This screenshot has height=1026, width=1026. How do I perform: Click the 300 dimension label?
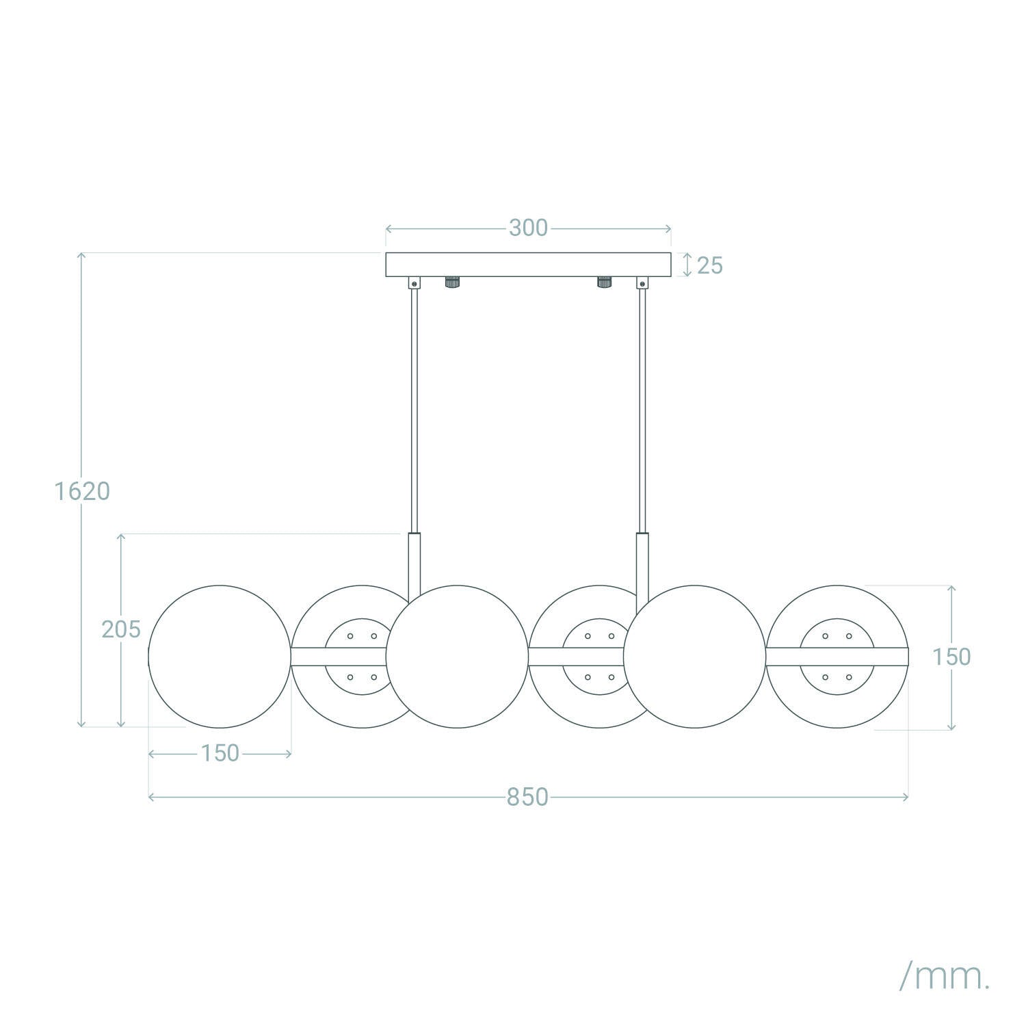coord(528,228)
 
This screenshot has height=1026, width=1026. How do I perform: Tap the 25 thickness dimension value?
coord(710,265)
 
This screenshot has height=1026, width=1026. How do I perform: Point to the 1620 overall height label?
coord(82,491)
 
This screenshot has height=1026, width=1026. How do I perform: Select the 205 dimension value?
coord(121,629)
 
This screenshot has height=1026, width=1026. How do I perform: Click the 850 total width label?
coord(527,798)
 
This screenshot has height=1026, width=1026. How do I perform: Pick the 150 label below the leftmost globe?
coord(220,753)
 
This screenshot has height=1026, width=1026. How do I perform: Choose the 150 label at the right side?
coord(951,657)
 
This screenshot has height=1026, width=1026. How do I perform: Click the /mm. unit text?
coord(945,958)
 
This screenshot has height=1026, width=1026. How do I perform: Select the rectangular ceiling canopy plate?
coord(528,265)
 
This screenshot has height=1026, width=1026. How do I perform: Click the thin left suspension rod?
coord(415,410)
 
